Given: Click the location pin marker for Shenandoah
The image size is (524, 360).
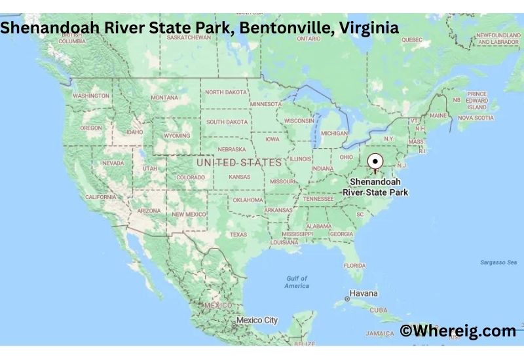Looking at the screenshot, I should (375, 161).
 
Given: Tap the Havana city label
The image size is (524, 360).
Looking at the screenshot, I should (364, 293).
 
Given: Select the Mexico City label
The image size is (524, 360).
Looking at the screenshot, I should (257, 320).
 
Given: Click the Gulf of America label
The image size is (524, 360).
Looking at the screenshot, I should (297, 282).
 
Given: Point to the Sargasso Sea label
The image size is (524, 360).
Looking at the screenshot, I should (498, 262).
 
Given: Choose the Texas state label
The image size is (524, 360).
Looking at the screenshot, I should (238, 234).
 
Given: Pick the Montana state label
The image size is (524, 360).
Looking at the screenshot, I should (164, 98).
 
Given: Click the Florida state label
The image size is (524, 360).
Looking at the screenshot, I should (354, 265).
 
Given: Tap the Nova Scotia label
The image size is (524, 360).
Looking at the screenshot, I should (475, 118).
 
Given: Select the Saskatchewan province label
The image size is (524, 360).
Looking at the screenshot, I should (189, 37).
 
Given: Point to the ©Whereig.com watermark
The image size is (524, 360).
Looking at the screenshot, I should (458, 331).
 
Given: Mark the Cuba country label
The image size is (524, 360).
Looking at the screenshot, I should (379, 310).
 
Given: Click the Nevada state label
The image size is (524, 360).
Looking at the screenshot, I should (113, 163).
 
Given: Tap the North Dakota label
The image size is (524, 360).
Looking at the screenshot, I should (227, 92).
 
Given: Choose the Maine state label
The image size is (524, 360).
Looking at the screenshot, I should (438, 116).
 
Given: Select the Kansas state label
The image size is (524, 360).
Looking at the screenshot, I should (239, 177).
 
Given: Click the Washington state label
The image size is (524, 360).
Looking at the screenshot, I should (91, 96).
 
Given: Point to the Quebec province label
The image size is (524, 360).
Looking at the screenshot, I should (412, 39).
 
